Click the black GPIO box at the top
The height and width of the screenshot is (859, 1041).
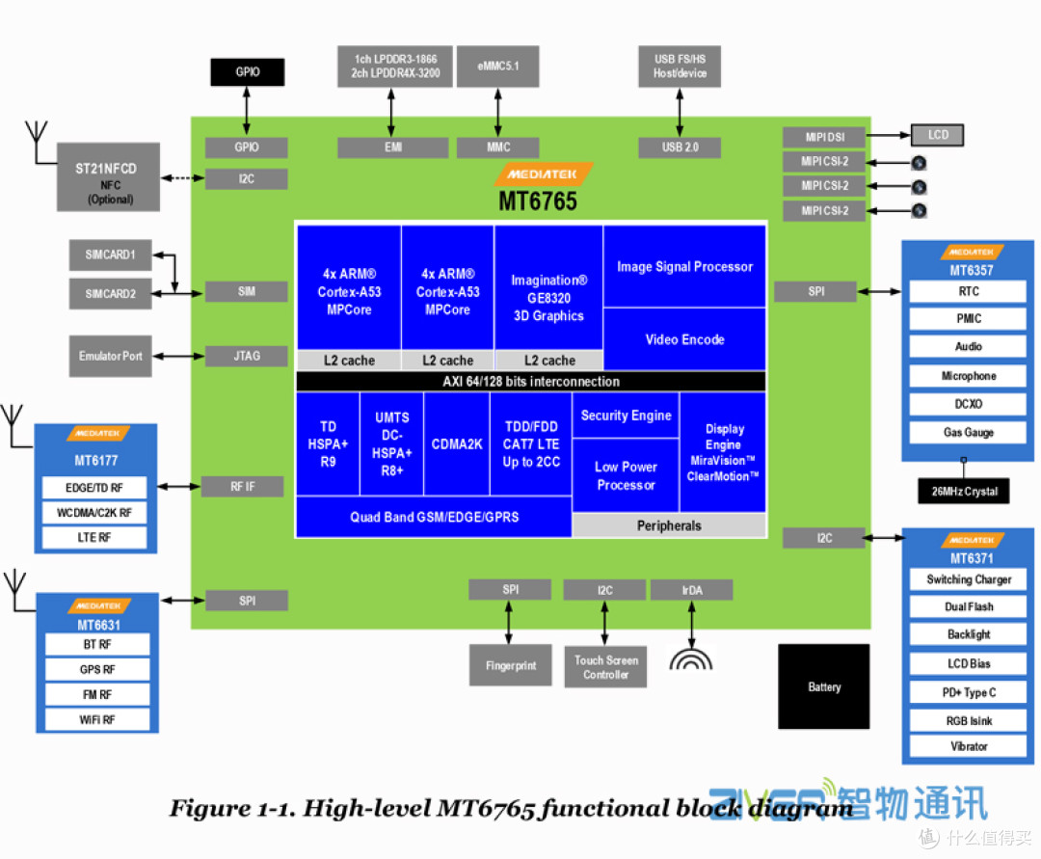(x=248, y=72)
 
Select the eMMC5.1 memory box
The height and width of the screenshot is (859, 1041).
(x=497, y=67)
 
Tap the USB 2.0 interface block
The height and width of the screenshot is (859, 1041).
(x=680, y=148)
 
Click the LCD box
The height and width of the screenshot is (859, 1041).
(x=937, y=135)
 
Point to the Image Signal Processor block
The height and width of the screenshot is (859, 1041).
(x=684, y=267)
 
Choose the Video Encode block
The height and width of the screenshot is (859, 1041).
(x=684, y=339)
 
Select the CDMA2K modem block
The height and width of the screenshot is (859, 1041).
(x=457, y=444)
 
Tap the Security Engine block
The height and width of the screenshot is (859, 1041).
(x=626, y=416)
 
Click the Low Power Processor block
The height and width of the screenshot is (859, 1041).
(x=626, y=476)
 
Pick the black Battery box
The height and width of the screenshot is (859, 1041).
(x=824, y=686)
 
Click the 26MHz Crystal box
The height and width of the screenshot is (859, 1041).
(x=964, y=492)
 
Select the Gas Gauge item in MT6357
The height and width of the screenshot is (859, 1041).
(x=968, y=433)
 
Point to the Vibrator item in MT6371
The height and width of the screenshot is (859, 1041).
(x=968, y=746)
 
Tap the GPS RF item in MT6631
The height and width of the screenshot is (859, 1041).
(x=97, y=669)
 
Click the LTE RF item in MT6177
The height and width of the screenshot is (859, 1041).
(x=94, y=537)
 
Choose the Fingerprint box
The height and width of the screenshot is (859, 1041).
(x=510, y=665)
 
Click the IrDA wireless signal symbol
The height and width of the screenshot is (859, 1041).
(x=691, y=658)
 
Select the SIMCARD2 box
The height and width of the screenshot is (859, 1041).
(x=110, y=293)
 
